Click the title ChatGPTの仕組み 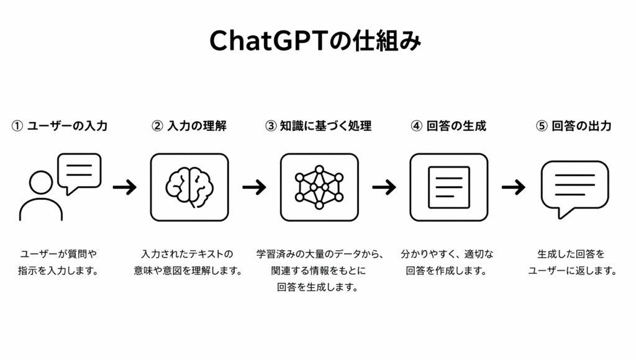point(315,41)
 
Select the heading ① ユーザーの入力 point(59,126)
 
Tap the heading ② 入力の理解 point(189,126)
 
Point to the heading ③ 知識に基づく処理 point(319,126)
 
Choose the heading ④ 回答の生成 point(448,126)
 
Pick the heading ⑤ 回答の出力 point(573,126)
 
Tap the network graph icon point(319,187)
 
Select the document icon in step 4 point(449,187)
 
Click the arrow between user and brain point(125,187)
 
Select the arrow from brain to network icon point(254,187)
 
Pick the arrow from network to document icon point(384,187)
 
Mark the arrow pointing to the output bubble point(514,187)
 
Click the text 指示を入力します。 point(58,271)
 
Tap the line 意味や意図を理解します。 point(188,271)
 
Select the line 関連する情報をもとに point(319,271)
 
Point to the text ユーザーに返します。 point(572,271)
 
